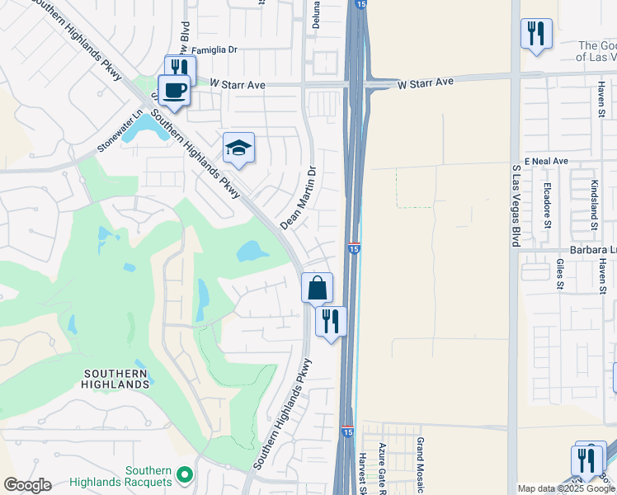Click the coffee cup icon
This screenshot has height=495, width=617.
tap(173, 90)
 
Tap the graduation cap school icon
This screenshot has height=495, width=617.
tap(238, 148)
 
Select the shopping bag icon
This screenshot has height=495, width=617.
tap(317, 288)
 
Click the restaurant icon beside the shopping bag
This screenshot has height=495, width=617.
tap(331, 320)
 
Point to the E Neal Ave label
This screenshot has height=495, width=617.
tap(546, 160)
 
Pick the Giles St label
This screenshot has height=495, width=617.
tap(560, 274)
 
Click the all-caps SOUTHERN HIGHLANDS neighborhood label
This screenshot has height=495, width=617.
tap(116, 379)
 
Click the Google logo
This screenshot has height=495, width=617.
tap(27, 484)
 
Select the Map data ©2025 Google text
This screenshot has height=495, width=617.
tap(566, 488)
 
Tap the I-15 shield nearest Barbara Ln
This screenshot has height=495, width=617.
tap(353, 247)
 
